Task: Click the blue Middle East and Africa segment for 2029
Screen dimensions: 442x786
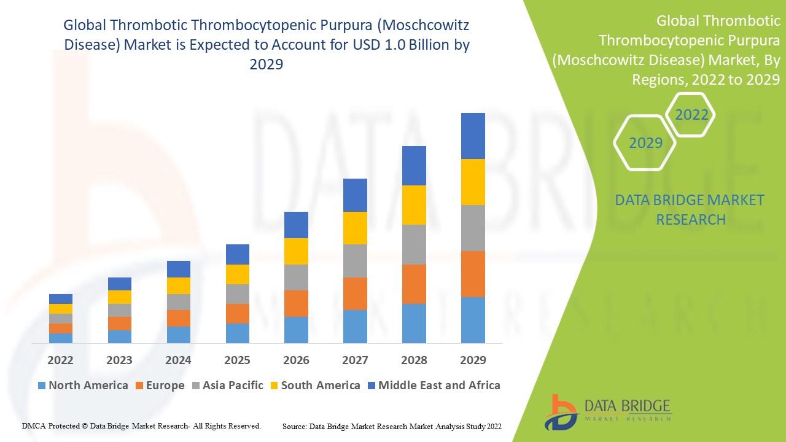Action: pos(473,136)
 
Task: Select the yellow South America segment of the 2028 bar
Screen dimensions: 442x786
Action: pos(414,205)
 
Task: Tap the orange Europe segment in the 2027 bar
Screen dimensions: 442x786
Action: pos(355,293)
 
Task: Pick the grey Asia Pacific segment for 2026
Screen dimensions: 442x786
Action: pos(296,277)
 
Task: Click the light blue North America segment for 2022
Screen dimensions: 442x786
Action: pos(61,338)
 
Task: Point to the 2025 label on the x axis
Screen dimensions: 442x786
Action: pos(237,360)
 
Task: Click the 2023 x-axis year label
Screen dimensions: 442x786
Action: pos(119,360)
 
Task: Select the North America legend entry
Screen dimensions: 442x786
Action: pos(82,386)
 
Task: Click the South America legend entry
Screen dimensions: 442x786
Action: pos(314,386)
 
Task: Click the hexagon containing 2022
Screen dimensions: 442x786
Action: pos(691,115)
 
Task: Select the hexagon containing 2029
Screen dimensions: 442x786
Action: pos(645,143)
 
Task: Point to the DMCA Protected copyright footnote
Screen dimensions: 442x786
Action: pos(141,425)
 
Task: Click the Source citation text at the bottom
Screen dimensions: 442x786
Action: pos(392,425)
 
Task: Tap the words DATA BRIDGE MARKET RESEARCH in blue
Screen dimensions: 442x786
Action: pos(690,209)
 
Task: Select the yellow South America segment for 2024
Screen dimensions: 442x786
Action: pos(178,285)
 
